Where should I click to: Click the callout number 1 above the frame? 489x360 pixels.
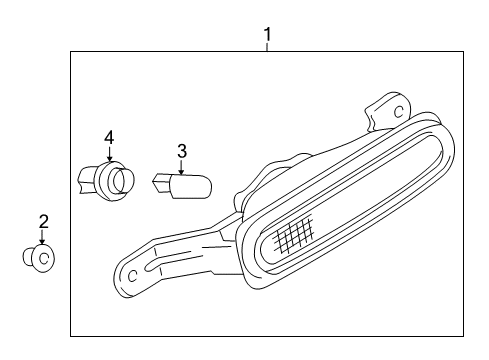[268, 36]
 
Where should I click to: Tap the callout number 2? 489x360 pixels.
[43, 221]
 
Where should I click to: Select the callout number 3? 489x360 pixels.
[181, 152]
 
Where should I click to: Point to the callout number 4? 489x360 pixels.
[109, 136]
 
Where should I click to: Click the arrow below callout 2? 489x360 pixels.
[43, 239]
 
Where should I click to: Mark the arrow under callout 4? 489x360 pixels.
[109, 154]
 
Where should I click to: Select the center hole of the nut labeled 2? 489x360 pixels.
[43, 258]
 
